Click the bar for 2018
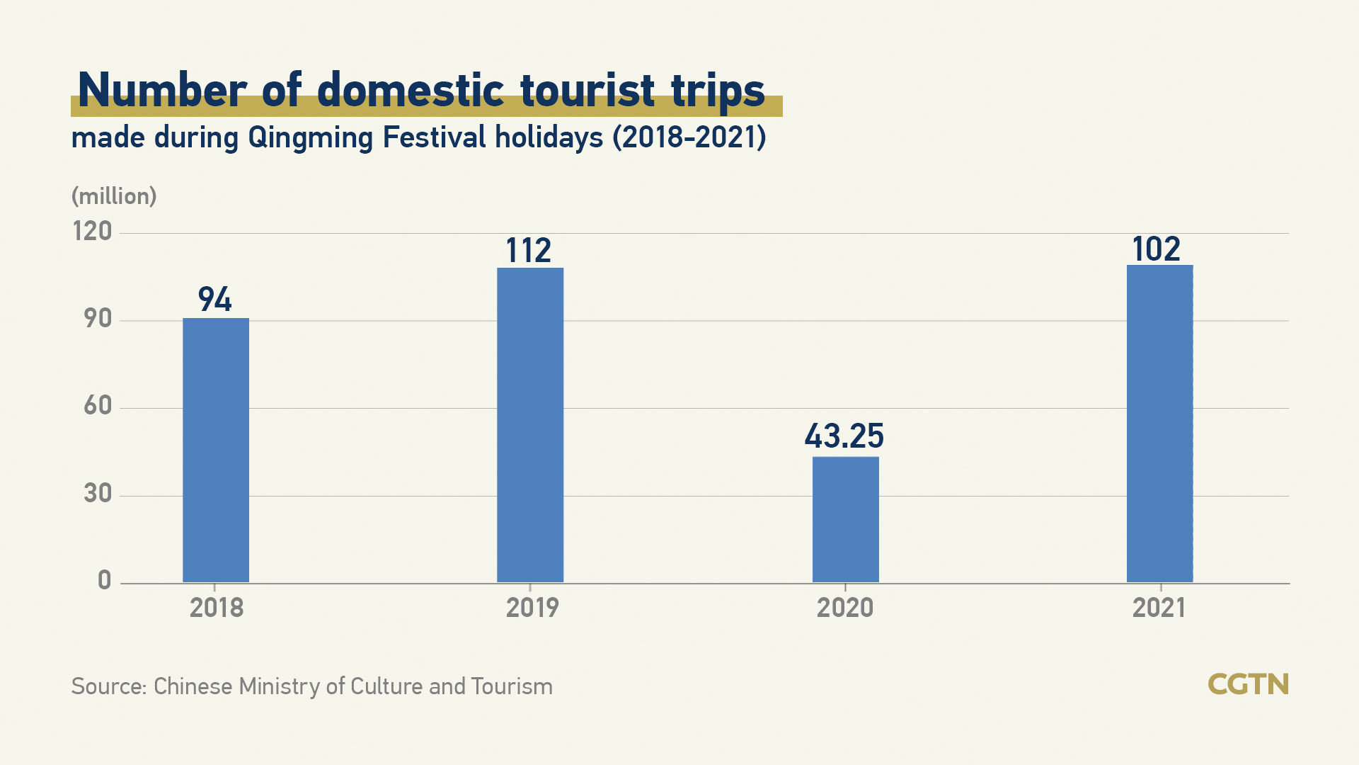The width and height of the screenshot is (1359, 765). click(216, 450)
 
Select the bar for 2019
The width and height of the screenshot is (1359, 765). click(530, 425)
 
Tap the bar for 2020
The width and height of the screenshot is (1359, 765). click(845, 519)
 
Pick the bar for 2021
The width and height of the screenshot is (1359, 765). click(1159, 424)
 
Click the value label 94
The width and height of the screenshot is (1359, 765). click(214, 299)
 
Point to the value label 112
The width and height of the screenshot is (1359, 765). click(528, 251)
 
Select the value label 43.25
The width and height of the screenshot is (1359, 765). click(844, 436)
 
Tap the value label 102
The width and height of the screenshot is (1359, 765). click(1156, 249)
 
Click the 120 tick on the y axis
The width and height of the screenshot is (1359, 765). click(93, 232)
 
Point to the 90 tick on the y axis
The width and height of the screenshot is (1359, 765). click(98, 319)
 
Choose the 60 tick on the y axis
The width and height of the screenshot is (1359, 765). click(98, 406)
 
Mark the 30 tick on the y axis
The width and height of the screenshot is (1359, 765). click(98, 494)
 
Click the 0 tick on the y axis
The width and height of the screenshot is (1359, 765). click(104, 581)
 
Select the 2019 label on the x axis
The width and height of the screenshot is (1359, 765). click(532, 608)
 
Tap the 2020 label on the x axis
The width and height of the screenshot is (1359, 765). click(845, 608)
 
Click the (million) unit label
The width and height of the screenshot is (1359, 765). click(114, 196)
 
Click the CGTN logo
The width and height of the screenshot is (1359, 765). click(1248, 684)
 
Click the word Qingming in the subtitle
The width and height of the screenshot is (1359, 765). click(310, 137)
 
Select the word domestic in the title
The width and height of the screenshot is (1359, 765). click(411, 91)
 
